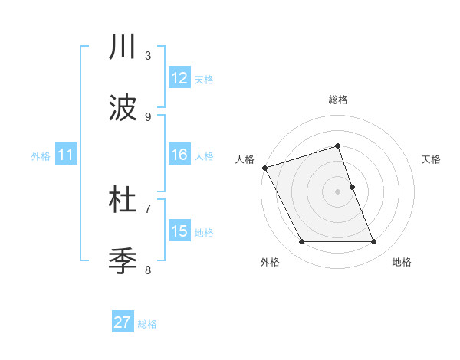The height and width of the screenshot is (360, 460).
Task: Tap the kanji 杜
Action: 123,201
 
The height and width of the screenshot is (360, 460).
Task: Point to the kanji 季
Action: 123,261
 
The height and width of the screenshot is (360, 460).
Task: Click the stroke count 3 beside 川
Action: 148,55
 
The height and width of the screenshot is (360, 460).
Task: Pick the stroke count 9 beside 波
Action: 148,116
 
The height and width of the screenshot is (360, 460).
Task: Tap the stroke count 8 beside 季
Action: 148,270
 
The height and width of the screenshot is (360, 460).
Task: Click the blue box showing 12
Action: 179,78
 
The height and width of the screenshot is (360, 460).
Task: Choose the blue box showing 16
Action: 179,155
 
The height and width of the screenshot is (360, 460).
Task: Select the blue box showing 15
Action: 179,231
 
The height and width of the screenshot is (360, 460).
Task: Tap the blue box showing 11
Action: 66,155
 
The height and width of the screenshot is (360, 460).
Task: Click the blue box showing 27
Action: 123,322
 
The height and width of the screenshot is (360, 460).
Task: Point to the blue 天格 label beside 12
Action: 204,79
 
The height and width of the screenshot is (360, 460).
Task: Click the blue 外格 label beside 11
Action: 41,155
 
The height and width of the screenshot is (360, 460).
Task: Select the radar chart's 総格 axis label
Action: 338,100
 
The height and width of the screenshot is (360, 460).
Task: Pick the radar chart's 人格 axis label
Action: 245,159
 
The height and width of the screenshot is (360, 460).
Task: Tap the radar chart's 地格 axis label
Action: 402,262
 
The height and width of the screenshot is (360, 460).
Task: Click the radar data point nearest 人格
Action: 264,168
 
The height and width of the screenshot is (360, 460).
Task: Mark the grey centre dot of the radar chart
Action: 338,191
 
